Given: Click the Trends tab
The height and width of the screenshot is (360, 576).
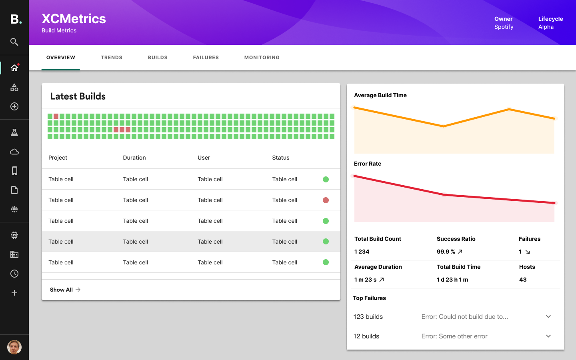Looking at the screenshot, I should (111, 58).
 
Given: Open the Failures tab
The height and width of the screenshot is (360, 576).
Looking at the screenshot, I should (206, 58).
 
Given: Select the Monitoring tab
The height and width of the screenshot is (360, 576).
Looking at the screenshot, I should (262, 58).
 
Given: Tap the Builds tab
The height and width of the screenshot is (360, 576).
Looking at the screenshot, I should (158, 58).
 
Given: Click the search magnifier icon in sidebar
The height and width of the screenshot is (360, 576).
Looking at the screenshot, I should (14, 42).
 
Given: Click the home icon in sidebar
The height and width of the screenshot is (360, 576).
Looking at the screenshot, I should (14, 68).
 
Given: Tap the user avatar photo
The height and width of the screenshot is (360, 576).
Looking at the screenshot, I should (14, 347).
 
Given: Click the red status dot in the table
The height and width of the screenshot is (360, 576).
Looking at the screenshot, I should (326, 200).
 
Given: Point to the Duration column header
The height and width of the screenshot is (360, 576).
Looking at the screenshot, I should (134, 158).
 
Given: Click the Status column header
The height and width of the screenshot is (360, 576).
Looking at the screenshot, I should (280, 158).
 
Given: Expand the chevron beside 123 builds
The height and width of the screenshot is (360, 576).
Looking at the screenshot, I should (548, 316).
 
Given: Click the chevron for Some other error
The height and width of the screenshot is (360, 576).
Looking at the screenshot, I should (548, 336).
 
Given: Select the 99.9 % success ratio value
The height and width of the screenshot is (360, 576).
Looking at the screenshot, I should (446, 252).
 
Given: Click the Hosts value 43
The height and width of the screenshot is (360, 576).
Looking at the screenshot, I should (523, 280).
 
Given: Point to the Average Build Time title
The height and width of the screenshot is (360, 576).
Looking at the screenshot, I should (380, 95).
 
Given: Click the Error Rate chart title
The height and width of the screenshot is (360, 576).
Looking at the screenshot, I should (367, 164).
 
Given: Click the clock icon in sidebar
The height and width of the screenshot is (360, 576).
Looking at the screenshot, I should (14, 274).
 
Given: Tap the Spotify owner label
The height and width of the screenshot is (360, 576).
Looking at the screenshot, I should (504, 27).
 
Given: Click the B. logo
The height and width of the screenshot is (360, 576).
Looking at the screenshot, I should (16, 19).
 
